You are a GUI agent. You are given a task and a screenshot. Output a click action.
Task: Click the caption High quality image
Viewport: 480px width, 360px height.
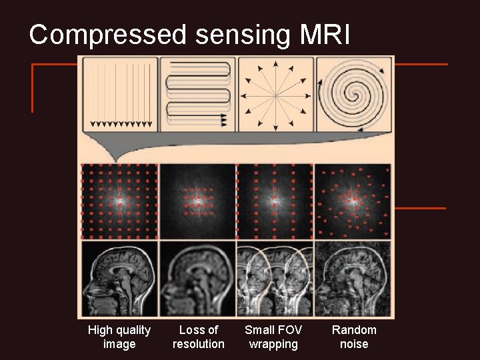coord(119,337)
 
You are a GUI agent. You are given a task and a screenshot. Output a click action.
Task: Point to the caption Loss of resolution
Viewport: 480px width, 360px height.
coord(198,337)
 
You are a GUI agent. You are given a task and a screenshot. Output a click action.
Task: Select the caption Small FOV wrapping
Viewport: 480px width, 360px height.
coord(273,337)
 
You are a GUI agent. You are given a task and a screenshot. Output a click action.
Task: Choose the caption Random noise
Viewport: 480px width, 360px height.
coord(354,337)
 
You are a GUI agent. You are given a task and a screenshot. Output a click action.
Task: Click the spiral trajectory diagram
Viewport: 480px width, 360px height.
coord(353,94)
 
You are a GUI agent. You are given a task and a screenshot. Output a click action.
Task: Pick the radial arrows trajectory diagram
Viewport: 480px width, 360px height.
coord(275,94)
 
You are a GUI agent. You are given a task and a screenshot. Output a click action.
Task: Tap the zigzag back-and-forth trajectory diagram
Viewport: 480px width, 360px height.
coord(197,94)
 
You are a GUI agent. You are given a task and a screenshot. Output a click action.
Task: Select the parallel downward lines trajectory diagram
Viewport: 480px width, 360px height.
coord(120,94)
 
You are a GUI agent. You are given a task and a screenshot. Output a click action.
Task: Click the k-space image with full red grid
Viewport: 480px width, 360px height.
coord(120,200)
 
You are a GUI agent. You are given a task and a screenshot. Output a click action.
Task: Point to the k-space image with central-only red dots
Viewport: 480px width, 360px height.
coord(197,200)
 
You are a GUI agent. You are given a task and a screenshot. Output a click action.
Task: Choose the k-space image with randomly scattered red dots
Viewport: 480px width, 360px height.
coord(353,200)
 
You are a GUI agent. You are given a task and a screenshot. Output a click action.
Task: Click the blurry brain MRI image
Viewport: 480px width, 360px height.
coord(197,279)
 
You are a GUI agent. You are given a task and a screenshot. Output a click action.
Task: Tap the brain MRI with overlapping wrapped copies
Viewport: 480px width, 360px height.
coord(275,279)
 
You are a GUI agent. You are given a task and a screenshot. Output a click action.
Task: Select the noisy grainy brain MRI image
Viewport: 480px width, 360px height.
coord(353,279)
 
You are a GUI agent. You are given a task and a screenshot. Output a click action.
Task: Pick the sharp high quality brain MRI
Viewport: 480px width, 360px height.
coord(120,279)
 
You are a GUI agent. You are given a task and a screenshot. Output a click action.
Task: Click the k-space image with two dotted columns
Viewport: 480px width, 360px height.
coord(275,200)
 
